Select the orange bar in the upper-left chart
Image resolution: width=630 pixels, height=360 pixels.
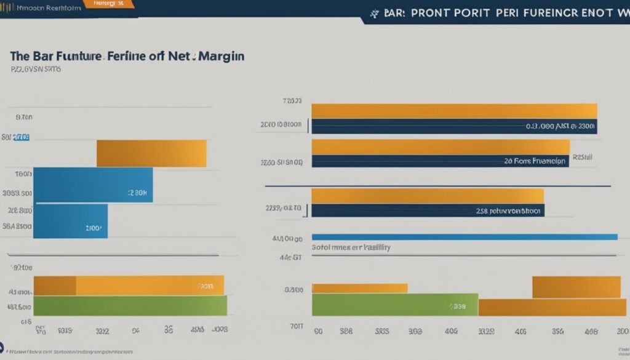click(x=151, y=153)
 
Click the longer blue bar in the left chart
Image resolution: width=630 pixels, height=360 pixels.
click(x=92, y=185)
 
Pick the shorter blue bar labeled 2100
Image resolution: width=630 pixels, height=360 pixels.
click(x=70, y=221)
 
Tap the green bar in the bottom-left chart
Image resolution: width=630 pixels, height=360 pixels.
click(x=130, y=305)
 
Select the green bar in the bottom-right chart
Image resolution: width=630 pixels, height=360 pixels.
click(x=394, y=305)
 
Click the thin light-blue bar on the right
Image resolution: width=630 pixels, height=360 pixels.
click(x=464, y=236)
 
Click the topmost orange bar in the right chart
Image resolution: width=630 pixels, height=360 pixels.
click(x=454, y=111)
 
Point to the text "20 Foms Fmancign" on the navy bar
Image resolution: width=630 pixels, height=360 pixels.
click(x=533, y=161)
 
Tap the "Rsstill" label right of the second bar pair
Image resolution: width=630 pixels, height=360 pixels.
click(x=583, y=157)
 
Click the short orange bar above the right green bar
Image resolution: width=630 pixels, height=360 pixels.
click(x=360, y=288)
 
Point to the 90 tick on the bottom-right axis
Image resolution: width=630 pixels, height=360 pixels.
click(x=318, y=330)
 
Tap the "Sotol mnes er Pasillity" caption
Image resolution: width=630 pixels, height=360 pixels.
click(x=351, y=246)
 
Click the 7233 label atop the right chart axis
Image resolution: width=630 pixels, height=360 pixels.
click(x=292, y=100)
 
